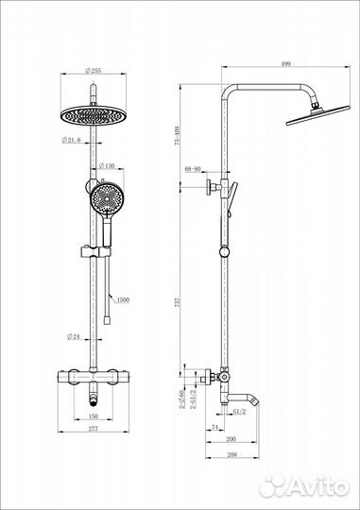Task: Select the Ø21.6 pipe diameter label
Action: (75, 139)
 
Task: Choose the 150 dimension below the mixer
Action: (94, 415)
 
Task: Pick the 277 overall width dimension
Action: (94, 429)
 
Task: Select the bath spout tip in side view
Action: (256, 400)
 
